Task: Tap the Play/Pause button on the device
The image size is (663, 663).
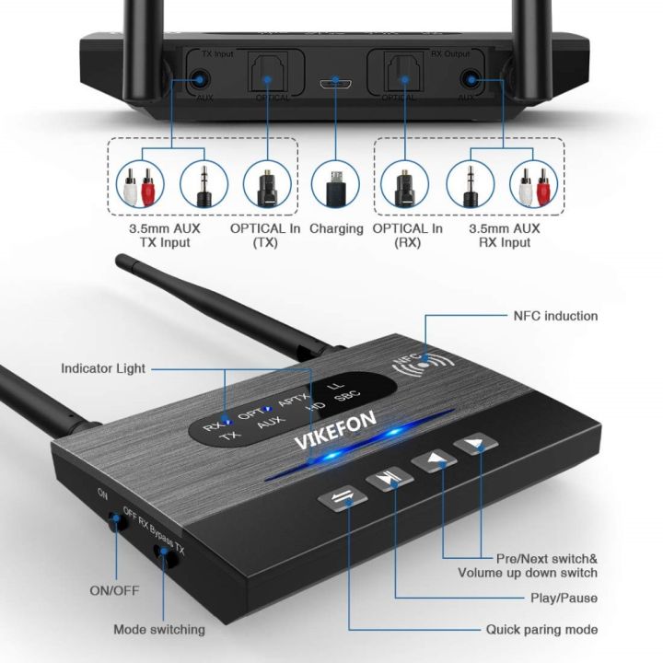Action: (x=388, y=479)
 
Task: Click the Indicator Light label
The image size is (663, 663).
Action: (x=102, y=368)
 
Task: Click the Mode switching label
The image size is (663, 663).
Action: (x=158, y=630)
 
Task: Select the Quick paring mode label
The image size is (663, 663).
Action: (x=541, y=630)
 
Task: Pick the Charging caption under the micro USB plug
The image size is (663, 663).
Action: (x=336, y=228)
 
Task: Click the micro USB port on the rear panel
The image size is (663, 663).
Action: (x=335, y=84)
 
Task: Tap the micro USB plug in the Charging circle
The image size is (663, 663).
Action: (x=335, y=180)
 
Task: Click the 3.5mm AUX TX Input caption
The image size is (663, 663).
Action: (x=160, y=236)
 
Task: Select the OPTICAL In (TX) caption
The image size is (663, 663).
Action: (x=262, y=236)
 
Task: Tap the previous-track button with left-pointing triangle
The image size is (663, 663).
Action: (x=436, y=459)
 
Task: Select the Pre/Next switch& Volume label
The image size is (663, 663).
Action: (x=528, y=565)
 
